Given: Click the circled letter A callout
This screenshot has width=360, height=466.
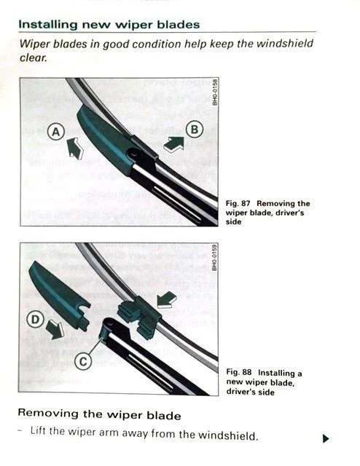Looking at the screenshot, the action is pos(56,132).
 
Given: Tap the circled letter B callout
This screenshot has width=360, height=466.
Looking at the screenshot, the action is pos(195,130).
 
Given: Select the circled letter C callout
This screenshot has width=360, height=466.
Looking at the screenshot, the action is pos(83,361).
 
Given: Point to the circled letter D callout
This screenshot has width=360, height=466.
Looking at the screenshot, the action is pos(36,320).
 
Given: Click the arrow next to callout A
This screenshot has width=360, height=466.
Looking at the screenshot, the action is pos(74,148).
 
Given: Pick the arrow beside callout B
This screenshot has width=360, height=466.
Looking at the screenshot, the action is pos(174,143).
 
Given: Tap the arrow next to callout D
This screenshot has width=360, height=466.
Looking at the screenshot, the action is pos(55,329).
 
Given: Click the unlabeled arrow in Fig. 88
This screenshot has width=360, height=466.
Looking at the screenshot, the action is pos(167,299).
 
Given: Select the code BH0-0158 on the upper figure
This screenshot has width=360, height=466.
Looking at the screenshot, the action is pos(215,92).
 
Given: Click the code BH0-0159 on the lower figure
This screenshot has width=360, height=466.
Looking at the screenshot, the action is pos(215,257).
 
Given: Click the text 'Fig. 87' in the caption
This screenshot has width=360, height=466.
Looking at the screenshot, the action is pos(238,204).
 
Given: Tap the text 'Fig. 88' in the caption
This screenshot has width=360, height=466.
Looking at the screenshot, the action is pos(239,372).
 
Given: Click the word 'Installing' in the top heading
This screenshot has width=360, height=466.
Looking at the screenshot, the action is pos(48,24).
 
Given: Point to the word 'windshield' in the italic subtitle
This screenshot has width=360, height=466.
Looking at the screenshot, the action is pos(285,44).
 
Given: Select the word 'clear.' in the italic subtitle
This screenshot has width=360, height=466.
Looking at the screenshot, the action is pos(34,58).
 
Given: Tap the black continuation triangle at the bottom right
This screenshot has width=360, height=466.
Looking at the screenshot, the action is pos(326,438).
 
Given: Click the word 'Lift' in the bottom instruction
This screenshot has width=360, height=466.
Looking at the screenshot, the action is pos(39,430).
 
